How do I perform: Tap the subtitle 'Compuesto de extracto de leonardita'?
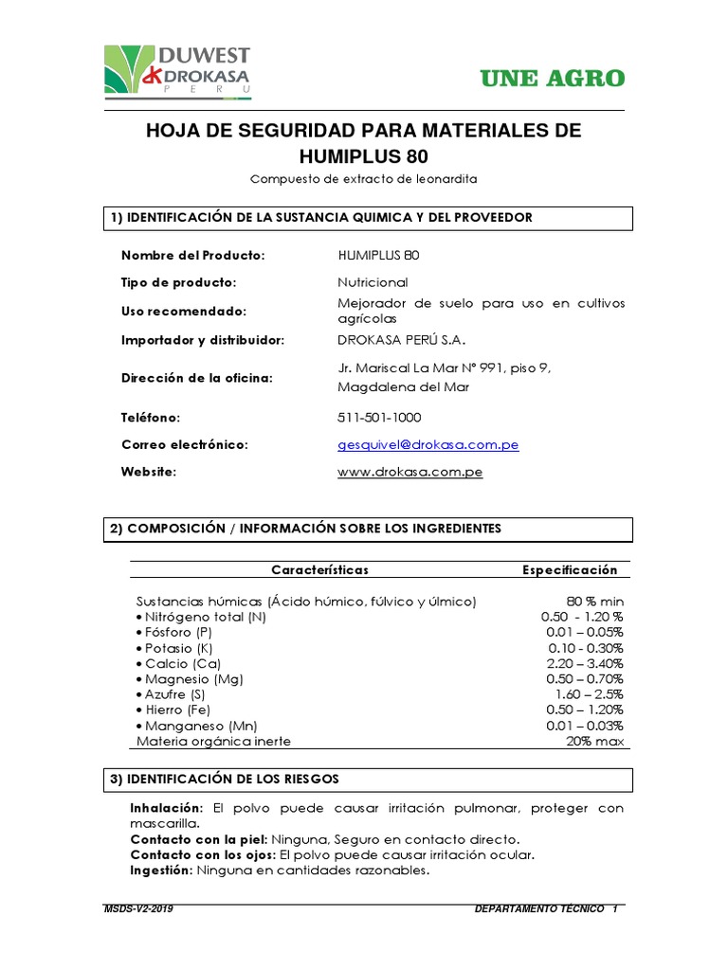[x=364, y=178]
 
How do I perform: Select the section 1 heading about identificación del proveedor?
[x=322, y=217]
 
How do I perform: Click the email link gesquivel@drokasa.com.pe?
[x=428, y=444]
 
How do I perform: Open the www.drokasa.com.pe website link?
[x=409, y=472]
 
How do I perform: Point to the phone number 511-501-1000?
[x=379, y=418]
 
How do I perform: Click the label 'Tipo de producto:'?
[x=178, y=283]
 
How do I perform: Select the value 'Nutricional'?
[x=373, y=283]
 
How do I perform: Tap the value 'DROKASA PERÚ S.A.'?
[x=402, y=339]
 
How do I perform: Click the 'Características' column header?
[x=319, y=569]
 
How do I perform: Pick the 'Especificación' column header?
[x=570, y=569]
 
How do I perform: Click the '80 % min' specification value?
[x=595, y=602]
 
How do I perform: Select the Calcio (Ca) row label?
[x=179, y=663]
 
